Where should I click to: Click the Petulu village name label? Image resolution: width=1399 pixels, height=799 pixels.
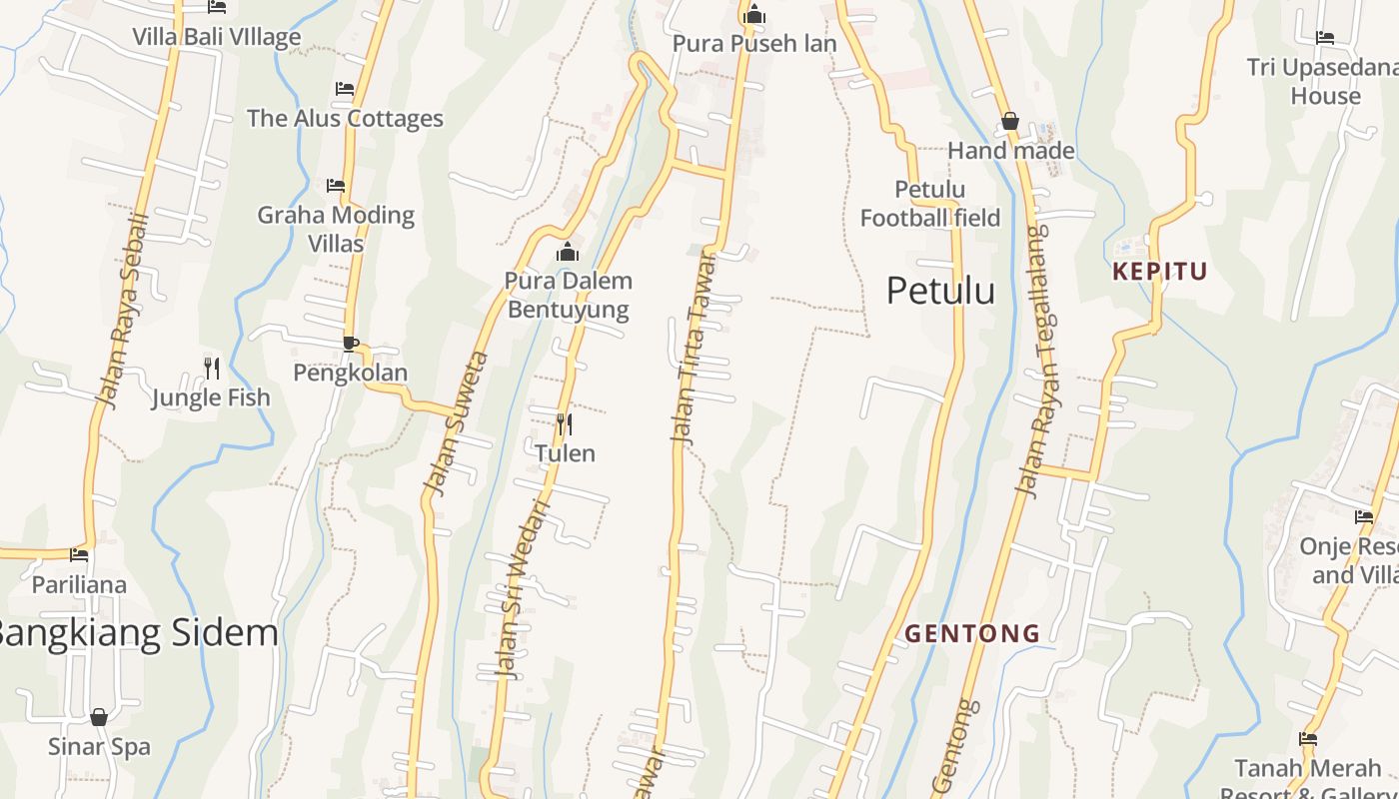[x=940, y=291]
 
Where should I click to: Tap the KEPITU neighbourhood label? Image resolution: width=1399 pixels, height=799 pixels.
[x=1160, y=271]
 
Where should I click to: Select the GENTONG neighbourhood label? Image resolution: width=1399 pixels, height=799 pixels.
[x=972, y=633]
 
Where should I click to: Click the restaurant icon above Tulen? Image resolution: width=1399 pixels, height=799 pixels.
[x=565, y=424]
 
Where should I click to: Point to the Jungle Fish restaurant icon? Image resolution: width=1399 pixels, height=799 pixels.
[x=211, y=369]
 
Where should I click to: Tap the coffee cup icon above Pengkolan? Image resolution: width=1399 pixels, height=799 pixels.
[x=350, y=344]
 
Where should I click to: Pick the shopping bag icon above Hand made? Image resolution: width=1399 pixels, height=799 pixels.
[x=1010, y=122]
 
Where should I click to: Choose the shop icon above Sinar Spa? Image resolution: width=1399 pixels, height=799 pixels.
[x=99, y=717]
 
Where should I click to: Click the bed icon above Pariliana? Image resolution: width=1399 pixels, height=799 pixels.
[x=79, y=555]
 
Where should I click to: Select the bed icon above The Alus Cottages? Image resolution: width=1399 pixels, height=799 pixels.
[x=345, y=89]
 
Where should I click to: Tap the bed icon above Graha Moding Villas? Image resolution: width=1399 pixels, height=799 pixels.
[x=336, y=186]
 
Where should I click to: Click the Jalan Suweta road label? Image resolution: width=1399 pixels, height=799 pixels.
[x=456, y=422]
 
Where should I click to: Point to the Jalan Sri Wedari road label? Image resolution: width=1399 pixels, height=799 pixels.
[x=523, y=589]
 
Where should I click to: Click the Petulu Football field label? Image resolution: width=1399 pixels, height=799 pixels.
[x=930, y=204]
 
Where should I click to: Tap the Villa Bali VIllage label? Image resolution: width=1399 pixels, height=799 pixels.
[x=217, y=38]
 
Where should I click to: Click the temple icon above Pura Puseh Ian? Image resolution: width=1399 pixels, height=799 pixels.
[x=754, y=15]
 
